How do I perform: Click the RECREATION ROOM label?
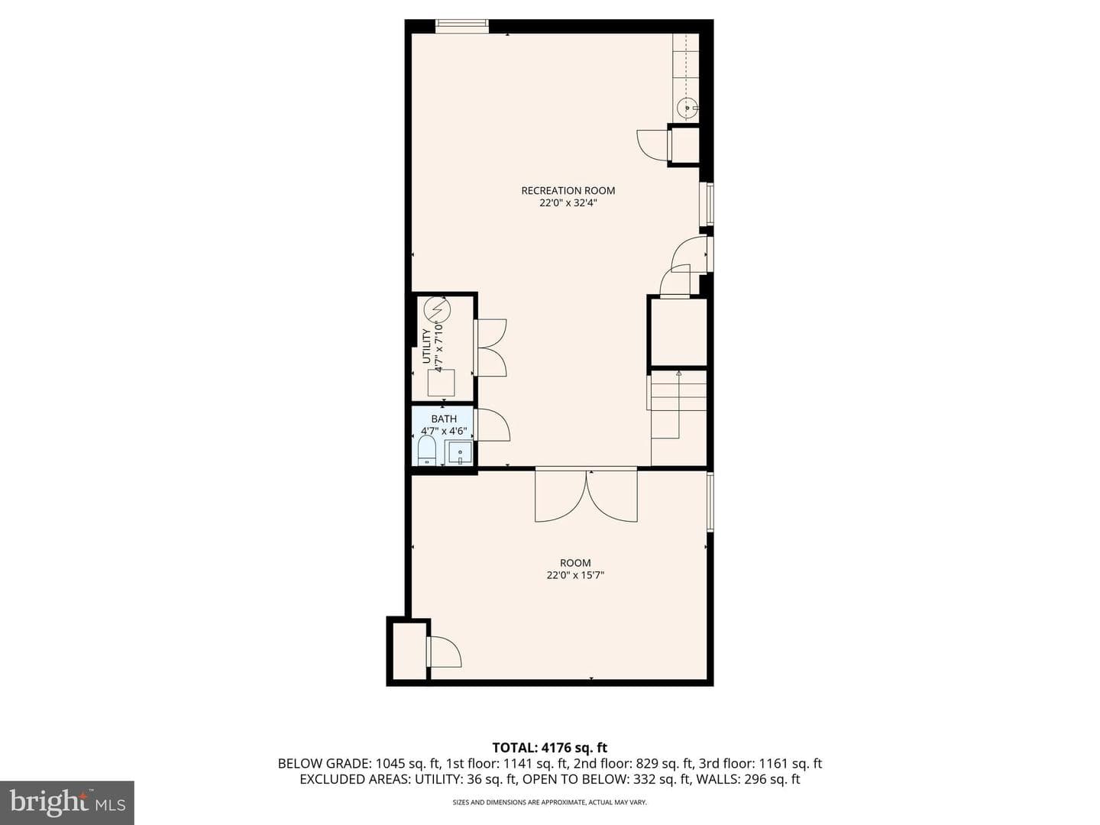tap(568, 190)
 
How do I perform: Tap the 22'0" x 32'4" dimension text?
tap(568, 203)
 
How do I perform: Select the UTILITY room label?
tap(426, 345)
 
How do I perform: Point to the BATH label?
tap(444, 419)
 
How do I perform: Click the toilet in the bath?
tap(427, 450)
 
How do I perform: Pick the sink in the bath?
tap(460, 453)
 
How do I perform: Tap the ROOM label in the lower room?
tap(575, 562)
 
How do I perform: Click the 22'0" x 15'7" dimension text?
tap(575, 575)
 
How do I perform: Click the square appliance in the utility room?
tap(441, 383)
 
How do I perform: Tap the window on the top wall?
tap(461, 26)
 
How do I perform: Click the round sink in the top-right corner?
tap(685, 107)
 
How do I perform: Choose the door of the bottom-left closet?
tap(444, 652)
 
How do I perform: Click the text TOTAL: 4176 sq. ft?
tap(550, 748)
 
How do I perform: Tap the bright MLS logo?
tap(67, 802)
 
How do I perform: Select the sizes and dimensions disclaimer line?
tap(550, 802)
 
